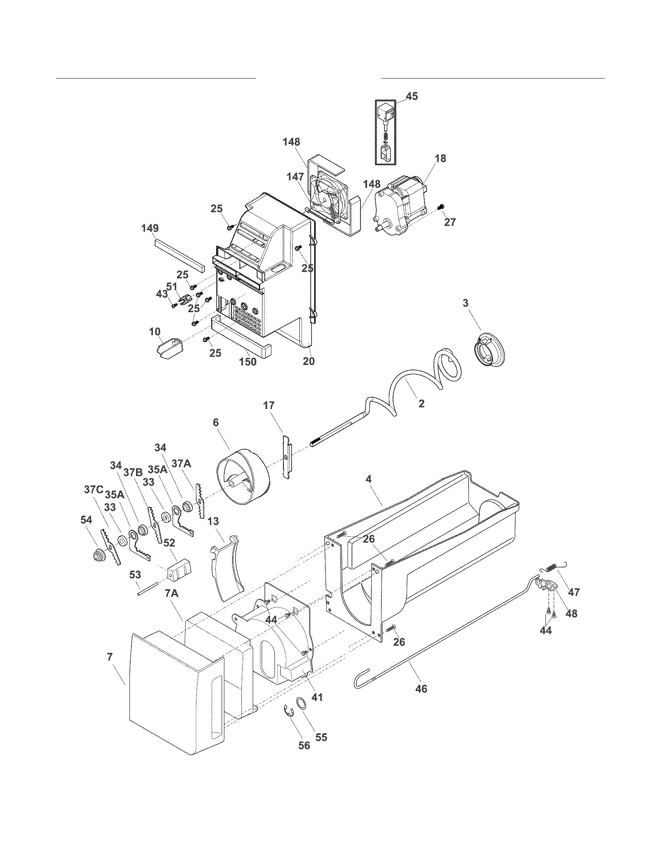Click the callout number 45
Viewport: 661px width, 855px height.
(x=411, y=96)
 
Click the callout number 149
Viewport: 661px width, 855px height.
(x=150, y=228)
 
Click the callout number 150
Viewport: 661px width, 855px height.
(x=248, y=362)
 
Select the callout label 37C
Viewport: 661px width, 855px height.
(x=93, y=489)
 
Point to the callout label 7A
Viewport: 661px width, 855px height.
(x=171, y=594)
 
